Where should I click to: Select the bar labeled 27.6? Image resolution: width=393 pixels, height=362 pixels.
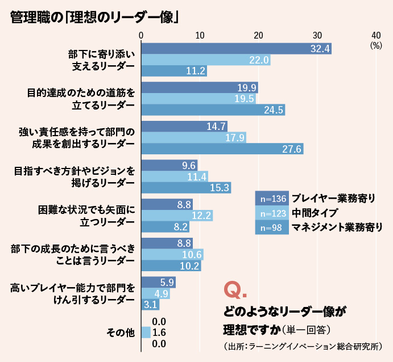coord(222,149)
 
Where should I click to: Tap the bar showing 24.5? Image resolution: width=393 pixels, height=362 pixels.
coord(213,110)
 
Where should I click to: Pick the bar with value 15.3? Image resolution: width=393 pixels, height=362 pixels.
coord(185,187)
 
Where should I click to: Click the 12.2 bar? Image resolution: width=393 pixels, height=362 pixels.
coord(176,215)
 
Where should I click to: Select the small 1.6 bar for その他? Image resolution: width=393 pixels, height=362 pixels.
coord(145,332)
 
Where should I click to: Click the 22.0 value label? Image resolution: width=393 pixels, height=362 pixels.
coord(259,60)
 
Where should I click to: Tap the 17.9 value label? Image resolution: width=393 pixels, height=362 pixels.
coord(234,137)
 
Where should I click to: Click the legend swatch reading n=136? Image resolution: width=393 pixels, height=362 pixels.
coord(272,200)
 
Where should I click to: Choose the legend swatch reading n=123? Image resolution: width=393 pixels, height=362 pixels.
coord(272,214)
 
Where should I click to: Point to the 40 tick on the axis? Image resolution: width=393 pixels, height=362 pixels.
coord(376,35)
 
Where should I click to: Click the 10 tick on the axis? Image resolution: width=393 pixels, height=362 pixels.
coord(200,35)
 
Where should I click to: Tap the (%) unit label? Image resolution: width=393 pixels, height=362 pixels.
coord(375,45)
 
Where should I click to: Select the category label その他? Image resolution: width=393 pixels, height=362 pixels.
coord(121,332)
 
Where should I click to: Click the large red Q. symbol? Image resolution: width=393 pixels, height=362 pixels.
coord(235,290)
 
